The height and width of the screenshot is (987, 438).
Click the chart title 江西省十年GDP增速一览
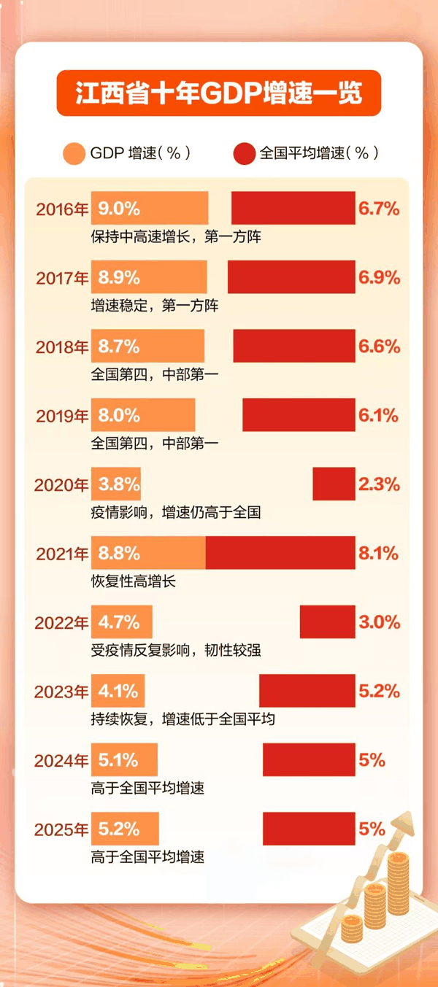[219, 93]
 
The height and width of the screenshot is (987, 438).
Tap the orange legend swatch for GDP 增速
[74, 153]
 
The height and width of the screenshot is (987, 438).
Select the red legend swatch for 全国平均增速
[244, 153]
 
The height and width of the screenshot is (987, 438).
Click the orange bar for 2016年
[150, 208]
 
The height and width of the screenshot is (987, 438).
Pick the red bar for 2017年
[291, 277]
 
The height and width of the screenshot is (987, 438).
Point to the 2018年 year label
[62, 347]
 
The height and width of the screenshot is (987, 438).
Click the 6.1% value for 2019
[378, 416]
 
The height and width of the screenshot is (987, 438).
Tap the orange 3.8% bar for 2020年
[116, 484]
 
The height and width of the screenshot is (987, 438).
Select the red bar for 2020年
[334, 484]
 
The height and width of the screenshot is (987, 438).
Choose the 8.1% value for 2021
[378, 554]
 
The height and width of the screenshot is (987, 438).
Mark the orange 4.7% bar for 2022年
[122, 622]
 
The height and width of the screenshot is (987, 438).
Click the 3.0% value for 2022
[379, 622]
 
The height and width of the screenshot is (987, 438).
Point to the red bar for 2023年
[307, 691]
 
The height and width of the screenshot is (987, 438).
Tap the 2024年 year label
[61, 761]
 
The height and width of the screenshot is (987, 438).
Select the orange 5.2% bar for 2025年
[125, 829]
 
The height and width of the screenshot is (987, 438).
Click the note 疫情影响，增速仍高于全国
[176, 513]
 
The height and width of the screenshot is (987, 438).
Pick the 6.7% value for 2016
[378, 209]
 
